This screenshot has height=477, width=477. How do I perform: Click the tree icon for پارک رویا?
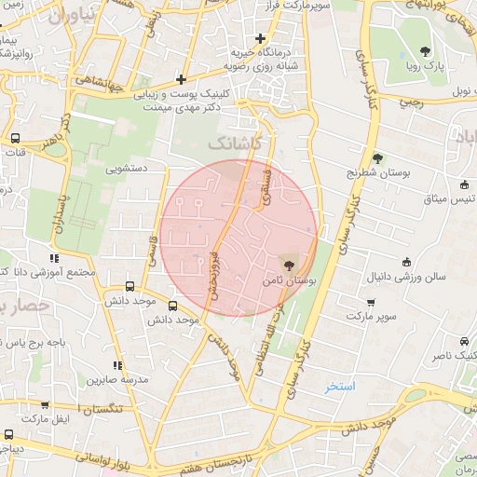[x=426, y=52]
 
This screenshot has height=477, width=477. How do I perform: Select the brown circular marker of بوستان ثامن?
[x=285, y=266]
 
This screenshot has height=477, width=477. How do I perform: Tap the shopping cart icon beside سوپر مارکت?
[x=372, y=302]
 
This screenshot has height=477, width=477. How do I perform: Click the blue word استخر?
[x=340, y=386]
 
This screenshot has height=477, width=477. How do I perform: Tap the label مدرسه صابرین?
[x=118, y=380]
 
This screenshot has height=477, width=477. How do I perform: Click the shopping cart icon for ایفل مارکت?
[x=45, y=405]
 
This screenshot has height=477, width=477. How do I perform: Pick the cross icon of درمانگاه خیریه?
[x=260, y=37]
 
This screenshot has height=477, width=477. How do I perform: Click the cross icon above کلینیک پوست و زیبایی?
[x=180, y=80]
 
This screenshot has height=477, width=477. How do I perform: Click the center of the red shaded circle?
[x=238, y=238]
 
